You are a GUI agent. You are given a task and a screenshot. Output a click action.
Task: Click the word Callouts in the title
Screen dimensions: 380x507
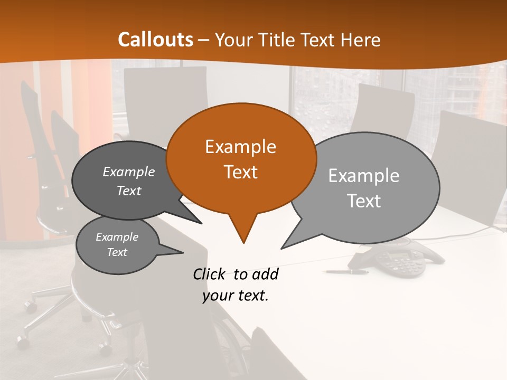click(x=155, y=40)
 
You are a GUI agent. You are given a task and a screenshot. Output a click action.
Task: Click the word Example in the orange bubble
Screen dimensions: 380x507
click(x=240, y=147)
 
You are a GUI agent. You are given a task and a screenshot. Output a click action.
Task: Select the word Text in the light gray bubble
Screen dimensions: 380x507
click(x=363, y=201)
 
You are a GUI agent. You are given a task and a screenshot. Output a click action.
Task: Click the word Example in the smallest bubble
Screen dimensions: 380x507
click(x=117, y=237)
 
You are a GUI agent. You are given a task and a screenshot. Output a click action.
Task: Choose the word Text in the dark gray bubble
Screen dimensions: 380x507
click(x=128, y=191)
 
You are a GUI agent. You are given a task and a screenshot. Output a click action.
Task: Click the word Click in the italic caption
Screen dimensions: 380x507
click(x=210, y=274)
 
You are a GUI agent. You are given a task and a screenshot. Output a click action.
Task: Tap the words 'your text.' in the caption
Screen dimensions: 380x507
click(x=236, y=296)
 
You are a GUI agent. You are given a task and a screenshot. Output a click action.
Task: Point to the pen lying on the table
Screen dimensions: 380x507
click(x=347, y=272)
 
